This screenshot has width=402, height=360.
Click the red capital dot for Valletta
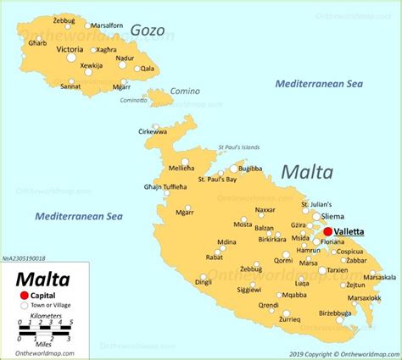click(x=327, y=230)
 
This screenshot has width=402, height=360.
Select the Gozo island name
click(x=147, y=30)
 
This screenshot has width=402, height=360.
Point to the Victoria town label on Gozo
click(x=70, y=50)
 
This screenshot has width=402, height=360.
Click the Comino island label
click(x=185, y=91)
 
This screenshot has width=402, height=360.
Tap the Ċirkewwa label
click(x=153, y=132)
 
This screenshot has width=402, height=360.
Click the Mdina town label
click(x=226, y=242)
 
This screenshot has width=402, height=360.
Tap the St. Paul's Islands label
click(x=239, y=147)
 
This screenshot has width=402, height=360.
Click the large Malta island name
click(x=307, y=172)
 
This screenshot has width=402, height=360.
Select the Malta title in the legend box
click(x=40, y=279)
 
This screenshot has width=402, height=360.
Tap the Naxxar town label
click(x=265, y=209)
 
